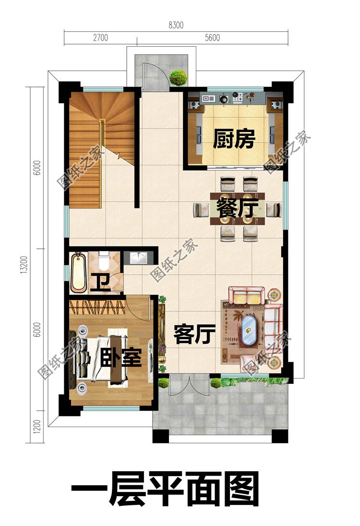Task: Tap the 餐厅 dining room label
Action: click(x=237, y=208)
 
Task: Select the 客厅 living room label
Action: click(x=194, y=334)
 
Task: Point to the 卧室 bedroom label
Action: click(x=120, y=357)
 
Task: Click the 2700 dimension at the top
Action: click(x=100, y=38)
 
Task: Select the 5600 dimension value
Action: click(x=212, y=38)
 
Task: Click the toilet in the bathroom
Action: click(x=103, y=261)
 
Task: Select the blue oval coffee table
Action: click(x=249, y=330)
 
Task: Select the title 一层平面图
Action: click(x=166, y=489)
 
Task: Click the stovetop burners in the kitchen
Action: click(x=238, y=98)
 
